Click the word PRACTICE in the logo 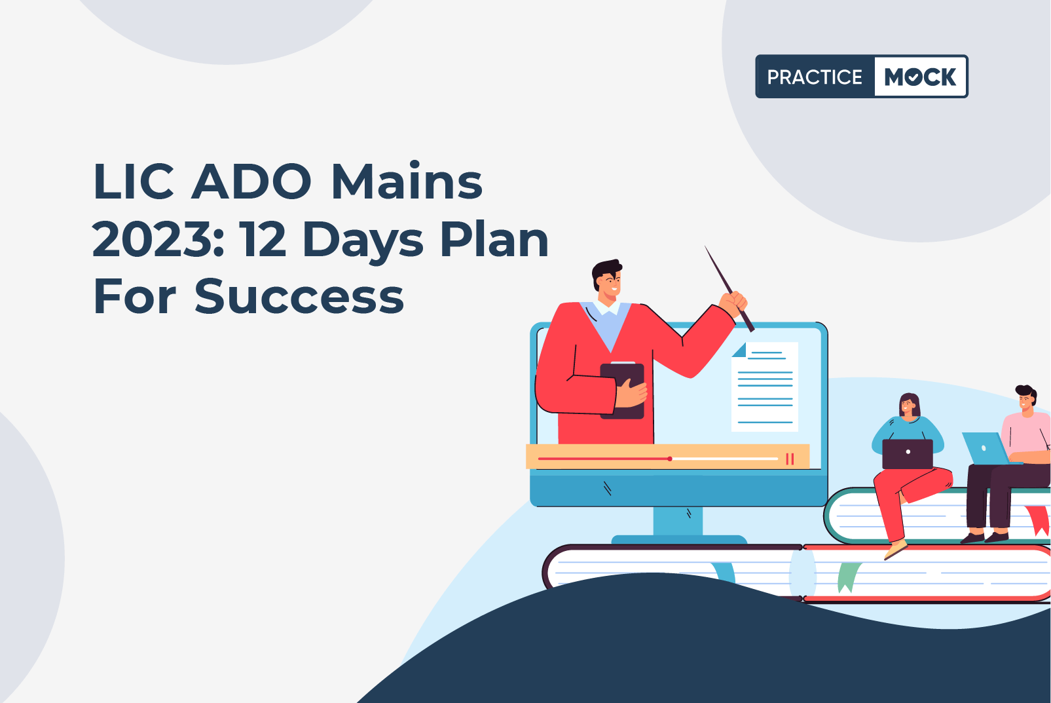pos(815,77)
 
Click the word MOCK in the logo pos(920,77)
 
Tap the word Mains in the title pos(407,181)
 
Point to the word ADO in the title pos(251,181)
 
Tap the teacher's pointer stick pos(729,289)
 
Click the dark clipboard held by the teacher pos(622,390)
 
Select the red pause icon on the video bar pos(790,459)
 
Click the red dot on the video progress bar pos(670,459)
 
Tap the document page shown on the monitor pos(765,387)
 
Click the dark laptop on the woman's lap pos(908,454)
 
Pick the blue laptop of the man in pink pos(986,448)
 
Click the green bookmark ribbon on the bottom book pos(848,577)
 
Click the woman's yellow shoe pos(896,550)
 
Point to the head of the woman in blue pos(910,406)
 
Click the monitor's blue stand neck pos(678,522)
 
